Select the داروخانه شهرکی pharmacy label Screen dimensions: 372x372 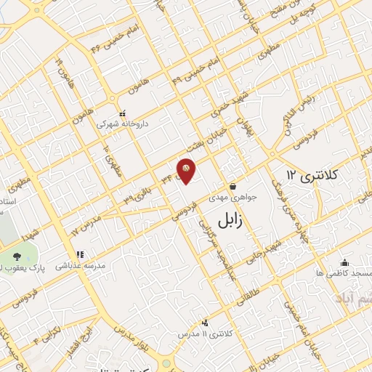(123, 124)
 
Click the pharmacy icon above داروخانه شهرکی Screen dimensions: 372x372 (122, 113)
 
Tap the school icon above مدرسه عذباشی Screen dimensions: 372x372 (80, 254)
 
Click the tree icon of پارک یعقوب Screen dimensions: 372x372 (16, 256)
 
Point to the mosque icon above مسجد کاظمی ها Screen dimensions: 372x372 (344, 262)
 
